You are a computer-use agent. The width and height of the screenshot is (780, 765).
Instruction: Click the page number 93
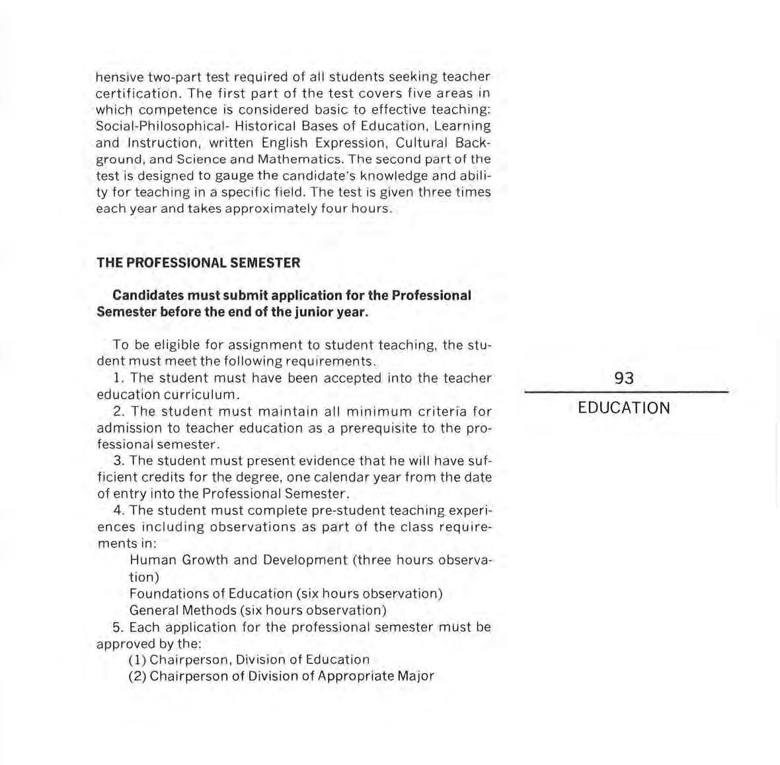[623, 378]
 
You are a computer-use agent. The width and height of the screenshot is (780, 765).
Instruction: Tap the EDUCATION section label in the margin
[623, 408]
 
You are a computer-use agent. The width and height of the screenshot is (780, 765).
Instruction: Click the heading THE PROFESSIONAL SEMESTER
[198, 262]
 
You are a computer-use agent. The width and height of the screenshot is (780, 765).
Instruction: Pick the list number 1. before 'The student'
[119, 378]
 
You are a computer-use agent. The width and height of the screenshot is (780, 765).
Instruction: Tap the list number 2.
[119, 411]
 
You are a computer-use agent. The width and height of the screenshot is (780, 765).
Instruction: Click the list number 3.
[119, 461]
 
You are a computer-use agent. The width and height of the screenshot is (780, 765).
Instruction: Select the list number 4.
[119, 510]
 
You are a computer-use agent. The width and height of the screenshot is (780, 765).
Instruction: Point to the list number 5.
[119, 627]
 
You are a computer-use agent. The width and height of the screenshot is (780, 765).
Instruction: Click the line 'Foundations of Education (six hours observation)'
[286, 594]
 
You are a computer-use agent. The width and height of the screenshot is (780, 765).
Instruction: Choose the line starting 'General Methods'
[258, 610]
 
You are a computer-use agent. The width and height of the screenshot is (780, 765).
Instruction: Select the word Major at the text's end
[416, 676]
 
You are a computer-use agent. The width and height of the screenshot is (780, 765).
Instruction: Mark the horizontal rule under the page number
[626, 393]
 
